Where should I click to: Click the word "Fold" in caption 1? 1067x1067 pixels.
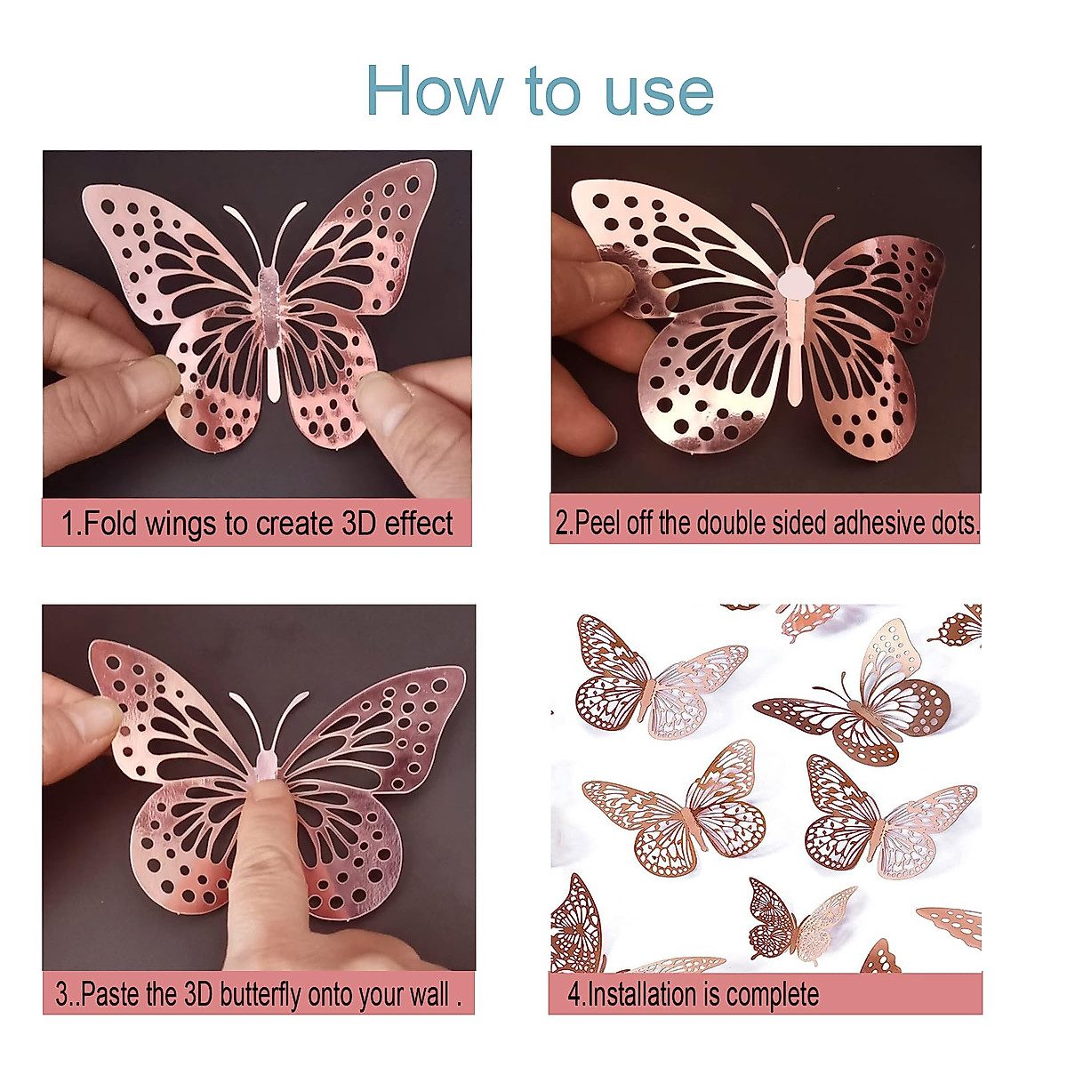(x=111, y=523)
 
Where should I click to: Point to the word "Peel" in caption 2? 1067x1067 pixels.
(x=599, y=523)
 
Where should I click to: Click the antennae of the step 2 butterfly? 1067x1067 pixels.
(x=794, y=230)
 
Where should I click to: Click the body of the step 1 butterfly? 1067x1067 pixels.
(x=271, y=329)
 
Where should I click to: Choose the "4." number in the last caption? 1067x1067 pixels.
(x=576, y=993)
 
